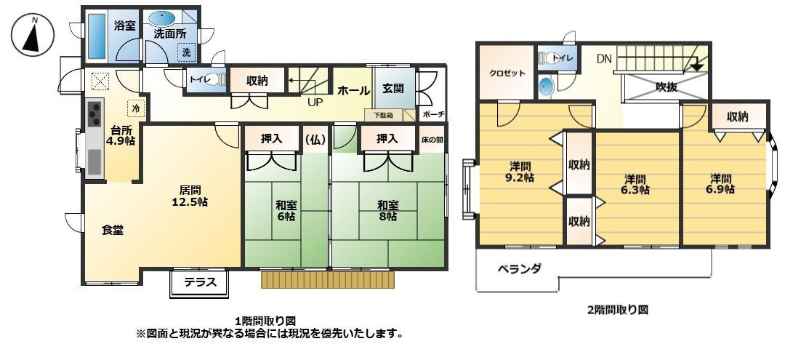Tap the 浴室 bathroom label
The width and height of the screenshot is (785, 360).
[x=125, y=25]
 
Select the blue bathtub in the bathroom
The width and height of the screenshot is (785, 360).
[x=97, y=36]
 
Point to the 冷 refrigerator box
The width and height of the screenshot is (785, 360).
[x=136, y=108]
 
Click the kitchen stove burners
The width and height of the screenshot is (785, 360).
[x=95, y=113]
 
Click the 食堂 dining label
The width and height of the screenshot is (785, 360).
[x=112, y=231]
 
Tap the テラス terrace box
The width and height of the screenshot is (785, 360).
[x=200, y=283]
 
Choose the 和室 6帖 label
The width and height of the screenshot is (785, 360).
[x=286, y=210]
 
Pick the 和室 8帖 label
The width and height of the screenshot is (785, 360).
[x=387, y=210]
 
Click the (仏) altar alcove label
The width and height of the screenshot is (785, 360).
[x=315, y=139]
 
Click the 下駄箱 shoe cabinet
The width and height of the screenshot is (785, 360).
[x=383, y=115]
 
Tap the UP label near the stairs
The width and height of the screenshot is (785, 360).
[x=315, y=103]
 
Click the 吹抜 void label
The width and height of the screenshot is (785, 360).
[x=666, y=87]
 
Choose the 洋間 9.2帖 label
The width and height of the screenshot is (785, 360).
[x=520, y=172]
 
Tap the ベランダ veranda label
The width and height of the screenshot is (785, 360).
[x=519, y=268]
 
